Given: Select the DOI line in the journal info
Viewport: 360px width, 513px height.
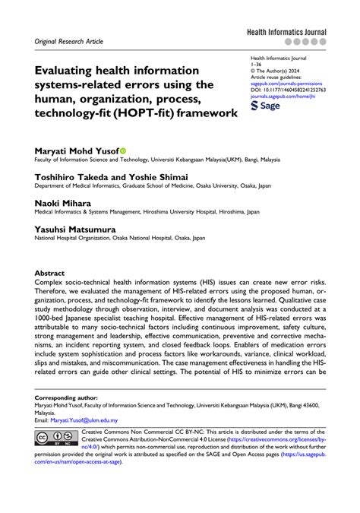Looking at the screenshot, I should (298, 90).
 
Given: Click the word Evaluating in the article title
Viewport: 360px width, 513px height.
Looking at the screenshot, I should (65, 70).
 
